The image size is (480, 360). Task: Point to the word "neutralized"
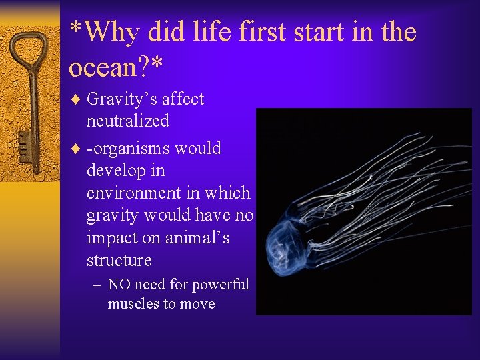click(x=127, y=121)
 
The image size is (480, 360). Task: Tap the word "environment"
click(x=134, y=193)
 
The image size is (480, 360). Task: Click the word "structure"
click(x=119, y=259)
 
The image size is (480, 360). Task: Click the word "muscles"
click(x=133, y=304)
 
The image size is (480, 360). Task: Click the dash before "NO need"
click(x=97, y=285)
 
